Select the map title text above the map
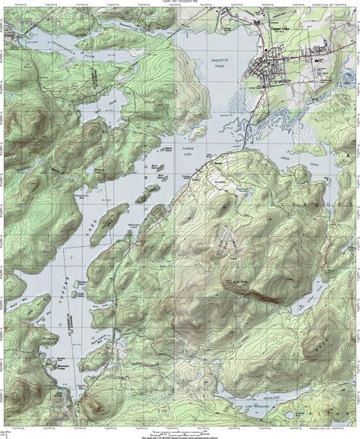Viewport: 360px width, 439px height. pos(180,2)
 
